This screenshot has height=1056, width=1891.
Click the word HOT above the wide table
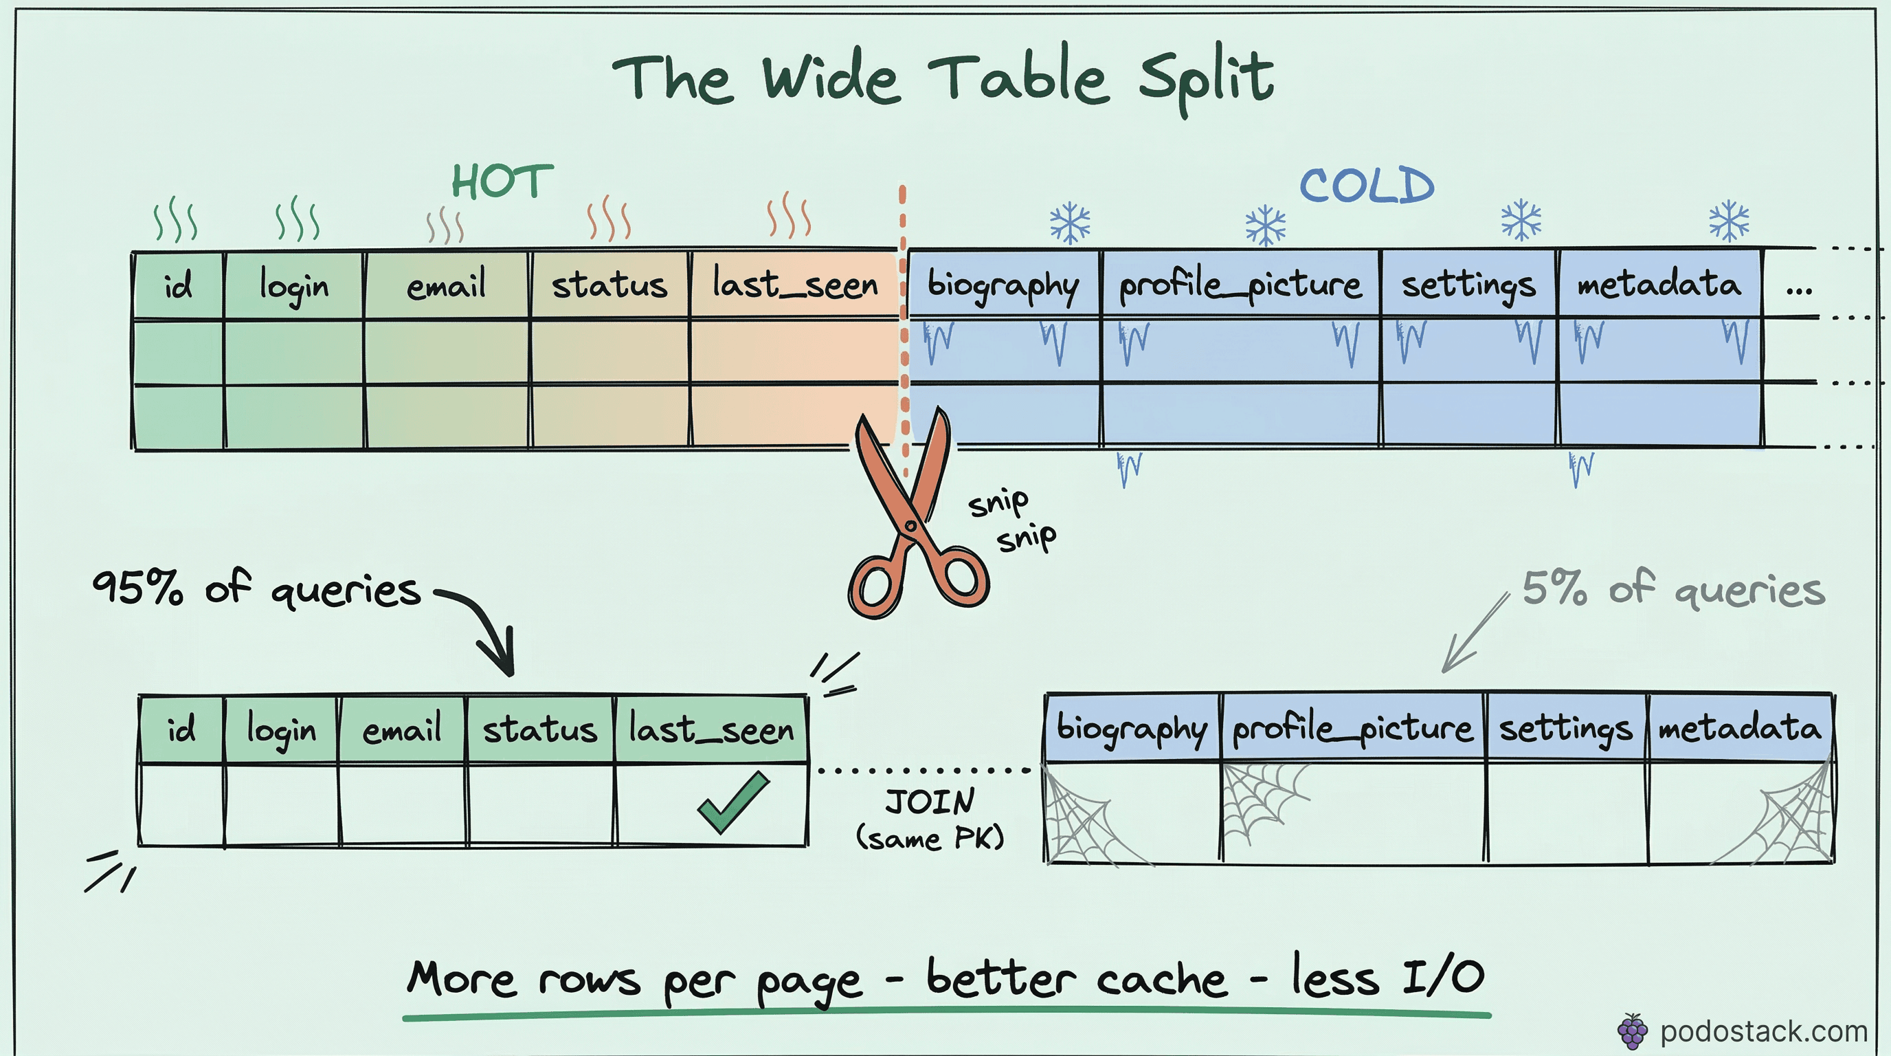[x=502, y=181]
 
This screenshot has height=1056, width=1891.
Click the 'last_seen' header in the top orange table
[x=795, y=285]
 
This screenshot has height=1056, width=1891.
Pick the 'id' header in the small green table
[x=181, y=729]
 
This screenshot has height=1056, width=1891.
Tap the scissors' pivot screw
[x=911, y=526]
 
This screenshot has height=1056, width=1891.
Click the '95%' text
[x=137, y=588]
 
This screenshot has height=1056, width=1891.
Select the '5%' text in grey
[x=1554, y=588]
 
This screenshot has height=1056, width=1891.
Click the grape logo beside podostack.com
[x=1632, y=1032]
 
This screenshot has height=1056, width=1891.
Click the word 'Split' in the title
[x=1206, y=79]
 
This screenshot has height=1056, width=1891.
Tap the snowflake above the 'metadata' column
[x=1729, y=220]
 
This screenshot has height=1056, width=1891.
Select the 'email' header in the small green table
[x=401, y=729]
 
